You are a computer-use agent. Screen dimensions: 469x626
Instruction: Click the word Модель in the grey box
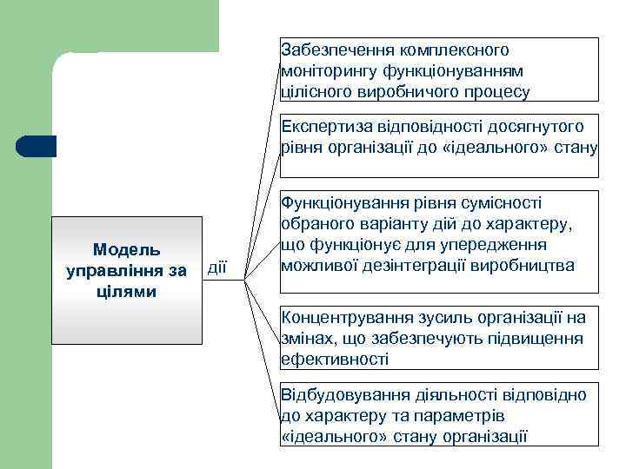coord(126,251)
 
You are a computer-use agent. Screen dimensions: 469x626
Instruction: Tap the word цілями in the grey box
coord(126,291)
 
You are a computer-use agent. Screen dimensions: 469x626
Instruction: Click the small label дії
coord(216,266)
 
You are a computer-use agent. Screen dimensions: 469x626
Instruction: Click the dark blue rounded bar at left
coord(37,146)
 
